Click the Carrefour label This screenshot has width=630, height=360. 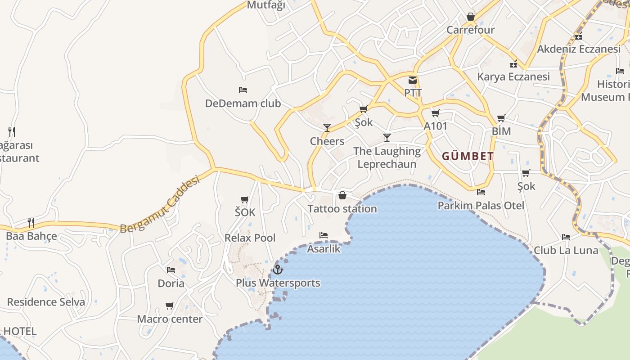(470, 30)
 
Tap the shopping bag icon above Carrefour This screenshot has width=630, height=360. (471, 17)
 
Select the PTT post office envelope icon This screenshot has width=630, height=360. (412, 80)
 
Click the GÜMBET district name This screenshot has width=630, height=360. (468, 157)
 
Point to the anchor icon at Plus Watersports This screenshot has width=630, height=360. (278, 270)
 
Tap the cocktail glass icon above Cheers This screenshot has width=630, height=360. (327, 128)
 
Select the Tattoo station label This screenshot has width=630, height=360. (342, 209)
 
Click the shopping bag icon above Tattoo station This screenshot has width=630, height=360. (342, 195)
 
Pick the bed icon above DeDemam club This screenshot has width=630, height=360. (243, 90)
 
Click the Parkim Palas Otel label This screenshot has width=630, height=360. (481, 206)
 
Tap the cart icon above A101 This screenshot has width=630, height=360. (435, 113)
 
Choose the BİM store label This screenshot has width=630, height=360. (501, 131)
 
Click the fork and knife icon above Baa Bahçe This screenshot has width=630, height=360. (31, 222)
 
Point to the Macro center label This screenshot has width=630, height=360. (170, 319)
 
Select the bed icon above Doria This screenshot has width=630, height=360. (171, 270)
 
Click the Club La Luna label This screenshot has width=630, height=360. (566, 250)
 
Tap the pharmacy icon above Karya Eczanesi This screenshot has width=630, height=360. (513, 64)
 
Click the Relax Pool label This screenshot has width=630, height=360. (250, 238)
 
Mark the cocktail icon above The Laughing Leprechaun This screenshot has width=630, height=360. (387, 138)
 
